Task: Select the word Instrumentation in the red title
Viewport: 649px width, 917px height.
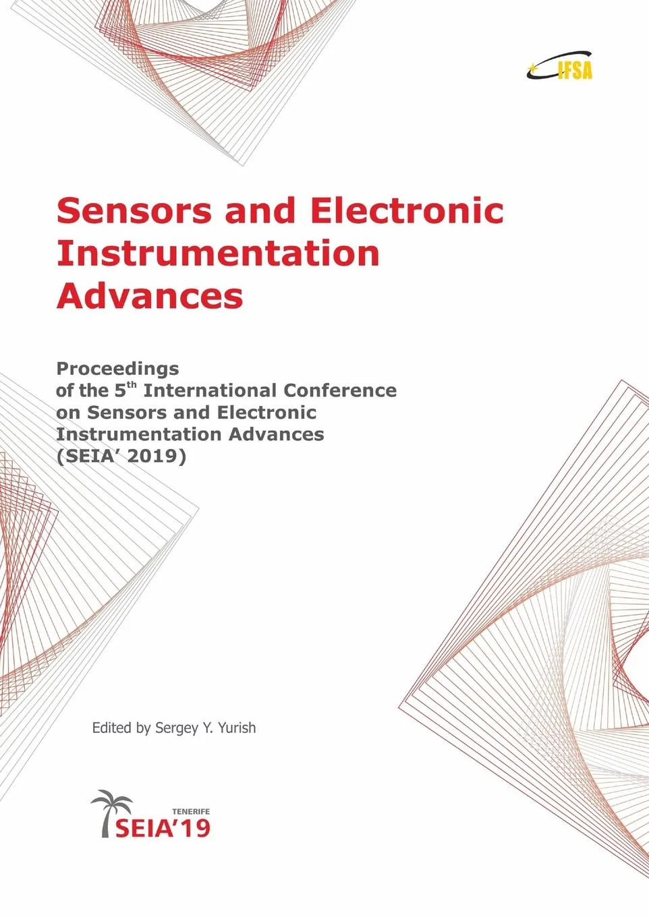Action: [218, 254]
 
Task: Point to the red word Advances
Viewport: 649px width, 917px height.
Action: [149, 297]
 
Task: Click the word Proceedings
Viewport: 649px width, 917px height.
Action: [117, 369]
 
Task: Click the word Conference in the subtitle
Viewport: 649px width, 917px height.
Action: [340, 390]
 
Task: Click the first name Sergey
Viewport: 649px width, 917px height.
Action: [177, 728]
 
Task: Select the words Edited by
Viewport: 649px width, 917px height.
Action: [121, 728]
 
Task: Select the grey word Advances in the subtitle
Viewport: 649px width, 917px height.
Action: [276, 434]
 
